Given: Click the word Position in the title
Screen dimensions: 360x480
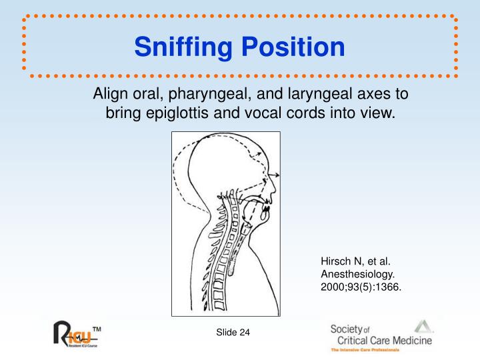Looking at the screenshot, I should click(x=293, y=47).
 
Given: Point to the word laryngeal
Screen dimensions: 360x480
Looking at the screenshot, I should click(x=311, y=94).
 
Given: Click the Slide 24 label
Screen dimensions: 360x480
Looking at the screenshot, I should click(x=231, y=333).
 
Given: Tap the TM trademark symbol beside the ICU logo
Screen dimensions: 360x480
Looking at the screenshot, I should click(x=96, y=329).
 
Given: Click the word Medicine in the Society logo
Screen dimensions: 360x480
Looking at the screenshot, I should click(x=408, y=341).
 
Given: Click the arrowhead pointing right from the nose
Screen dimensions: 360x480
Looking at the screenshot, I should click(x=278, y=175).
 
